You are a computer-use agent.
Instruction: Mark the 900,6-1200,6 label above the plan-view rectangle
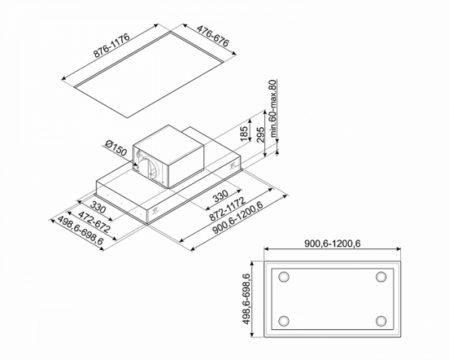coord(333,243)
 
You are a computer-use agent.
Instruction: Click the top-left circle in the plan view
coord(284,278)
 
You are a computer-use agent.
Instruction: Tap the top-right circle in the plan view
coord(381,278)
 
